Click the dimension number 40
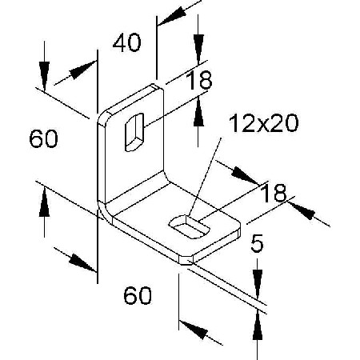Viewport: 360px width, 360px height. click(x=126, y=42)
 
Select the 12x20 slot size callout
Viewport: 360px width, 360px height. click(x=263, y=123)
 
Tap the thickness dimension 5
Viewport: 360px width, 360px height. click(x=257, y=243)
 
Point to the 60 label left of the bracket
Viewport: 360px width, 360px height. click(x=43, y=138)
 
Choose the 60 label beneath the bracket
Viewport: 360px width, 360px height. click(x=138, y=295)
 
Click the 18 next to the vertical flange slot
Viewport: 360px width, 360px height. click(x=199, y=80)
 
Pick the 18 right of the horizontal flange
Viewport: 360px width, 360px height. click(x=274, y=193)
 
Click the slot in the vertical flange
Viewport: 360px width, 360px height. click(x=134, y=132)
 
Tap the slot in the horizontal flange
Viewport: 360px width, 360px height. click(x=190, y=226)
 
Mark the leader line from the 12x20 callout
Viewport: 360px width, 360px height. click(x=206, y=176)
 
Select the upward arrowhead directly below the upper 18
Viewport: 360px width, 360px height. click(x=198, y=111)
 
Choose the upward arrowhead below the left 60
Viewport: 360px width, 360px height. click(x=44, y=202)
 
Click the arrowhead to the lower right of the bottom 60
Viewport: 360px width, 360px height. click(x=194, y=330)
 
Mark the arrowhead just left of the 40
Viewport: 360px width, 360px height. click(x=83, y=70)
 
